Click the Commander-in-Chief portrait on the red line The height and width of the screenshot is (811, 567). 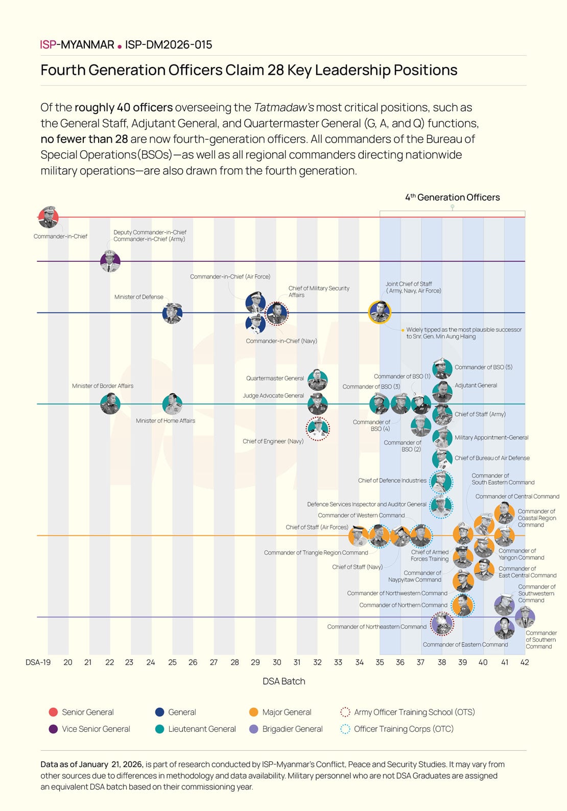click(49, 217)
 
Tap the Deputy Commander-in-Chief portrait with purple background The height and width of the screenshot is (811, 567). click(110, 261)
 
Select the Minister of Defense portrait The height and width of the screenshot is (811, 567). click(172, 313)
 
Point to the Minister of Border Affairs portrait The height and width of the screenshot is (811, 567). click(110, 404)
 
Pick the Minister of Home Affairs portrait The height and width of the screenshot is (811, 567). click(172, 404)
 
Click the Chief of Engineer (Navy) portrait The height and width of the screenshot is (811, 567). click(318, 429)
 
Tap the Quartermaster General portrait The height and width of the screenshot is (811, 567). click(318, 379)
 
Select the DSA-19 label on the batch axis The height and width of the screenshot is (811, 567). click(38, 662)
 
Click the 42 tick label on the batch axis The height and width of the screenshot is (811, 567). click(525, 662)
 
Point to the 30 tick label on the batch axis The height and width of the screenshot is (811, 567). click(277, 662)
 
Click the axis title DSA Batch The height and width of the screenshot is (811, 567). click(284, 681)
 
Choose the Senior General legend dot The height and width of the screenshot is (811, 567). click(53, 712)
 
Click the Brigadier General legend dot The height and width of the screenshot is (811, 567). click(253, 729)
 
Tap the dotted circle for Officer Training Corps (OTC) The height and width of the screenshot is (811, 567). click(345, 729)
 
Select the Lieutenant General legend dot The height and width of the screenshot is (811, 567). click(159, 729)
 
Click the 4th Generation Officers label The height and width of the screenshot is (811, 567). click(453, 197)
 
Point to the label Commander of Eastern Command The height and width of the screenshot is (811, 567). click(465, 644)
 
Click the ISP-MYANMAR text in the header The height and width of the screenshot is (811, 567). click(77, 44)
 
